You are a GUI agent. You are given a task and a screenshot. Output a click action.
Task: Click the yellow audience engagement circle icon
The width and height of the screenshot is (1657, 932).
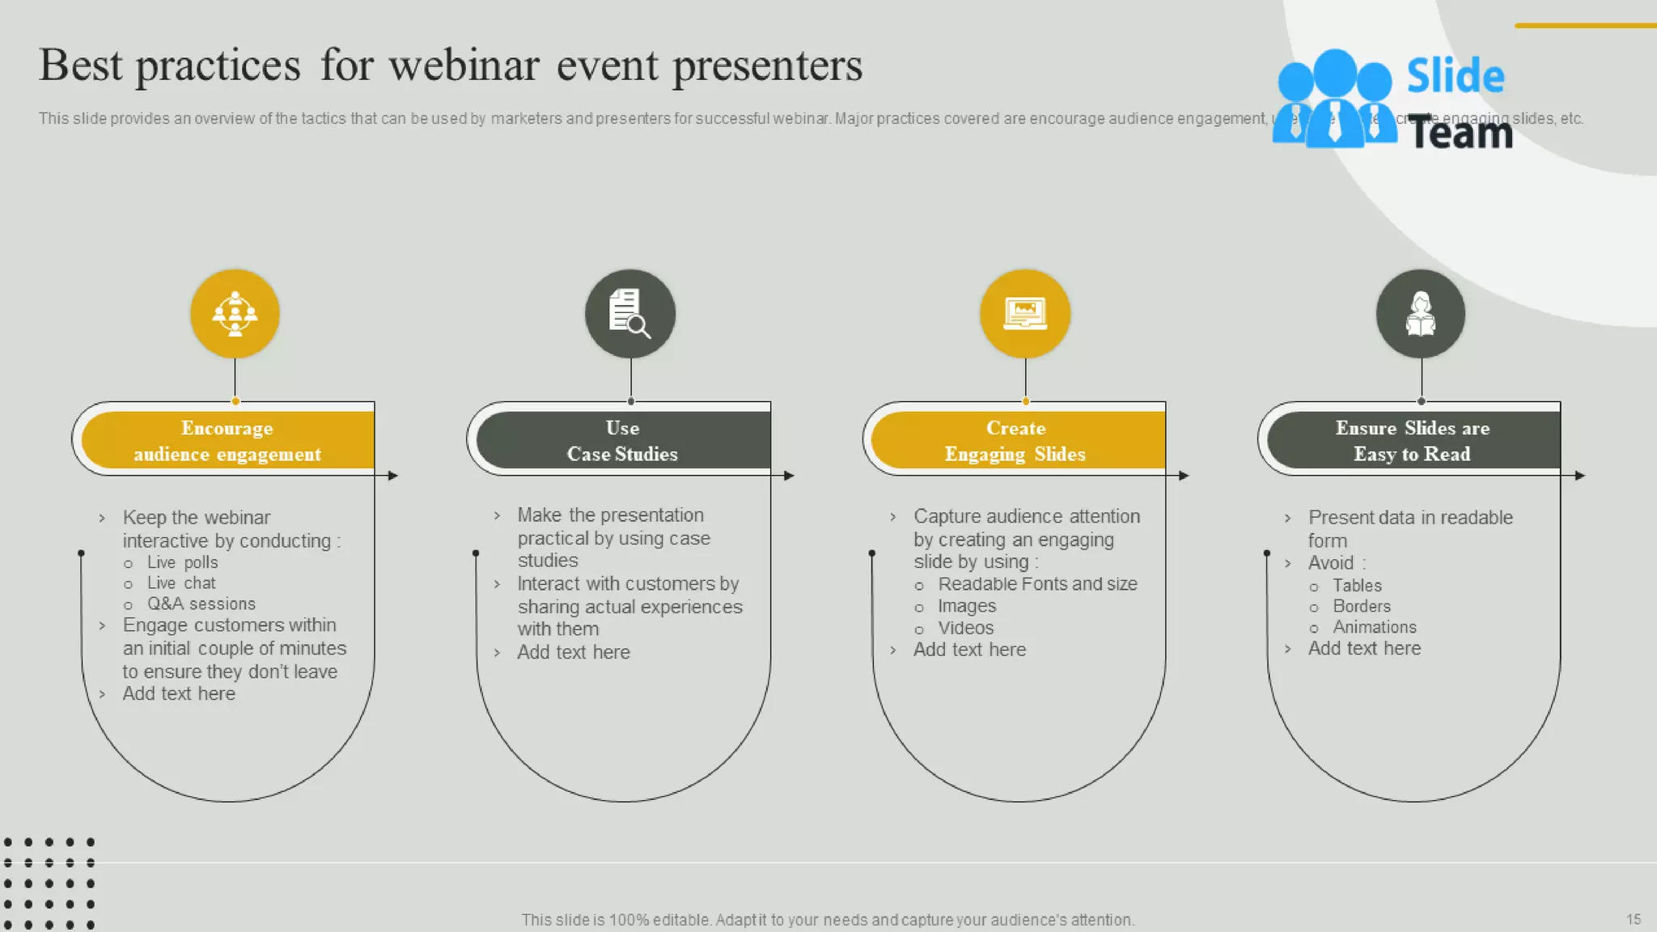point(235,314)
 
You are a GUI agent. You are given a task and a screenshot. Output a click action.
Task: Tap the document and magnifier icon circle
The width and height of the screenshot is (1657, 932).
point(630,314)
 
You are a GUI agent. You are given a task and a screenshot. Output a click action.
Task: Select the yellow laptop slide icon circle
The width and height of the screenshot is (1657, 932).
point(1025,314)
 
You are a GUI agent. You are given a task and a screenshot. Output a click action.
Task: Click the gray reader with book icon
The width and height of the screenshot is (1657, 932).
point(1421,314)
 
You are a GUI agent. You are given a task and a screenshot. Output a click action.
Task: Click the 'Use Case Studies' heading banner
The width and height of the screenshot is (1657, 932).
point(622,441)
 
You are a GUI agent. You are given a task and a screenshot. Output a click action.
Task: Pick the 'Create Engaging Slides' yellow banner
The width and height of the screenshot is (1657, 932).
point(1016,441)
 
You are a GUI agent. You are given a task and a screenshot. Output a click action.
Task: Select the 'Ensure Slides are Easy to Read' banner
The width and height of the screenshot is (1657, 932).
point(1412,441)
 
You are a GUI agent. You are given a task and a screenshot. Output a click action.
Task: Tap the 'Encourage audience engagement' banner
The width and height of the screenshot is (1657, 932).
point(227,441)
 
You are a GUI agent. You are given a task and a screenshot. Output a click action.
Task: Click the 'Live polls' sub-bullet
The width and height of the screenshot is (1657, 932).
point(182,562)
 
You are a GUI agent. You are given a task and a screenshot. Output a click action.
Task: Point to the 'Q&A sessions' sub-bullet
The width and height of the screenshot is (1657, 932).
point(201,604)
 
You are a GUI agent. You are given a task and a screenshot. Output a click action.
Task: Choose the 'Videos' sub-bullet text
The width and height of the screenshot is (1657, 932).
point(965,628)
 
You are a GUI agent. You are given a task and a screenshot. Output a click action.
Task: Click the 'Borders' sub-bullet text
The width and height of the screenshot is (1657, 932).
point(1362,606)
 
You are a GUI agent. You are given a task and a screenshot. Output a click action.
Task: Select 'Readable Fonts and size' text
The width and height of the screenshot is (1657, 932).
point(1037,584)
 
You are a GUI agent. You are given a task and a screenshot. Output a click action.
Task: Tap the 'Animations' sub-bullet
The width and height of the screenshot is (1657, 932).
point(1375,627)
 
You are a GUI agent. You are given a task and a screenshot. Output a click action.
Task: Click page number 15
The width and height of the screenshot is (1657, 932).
point(1633,919)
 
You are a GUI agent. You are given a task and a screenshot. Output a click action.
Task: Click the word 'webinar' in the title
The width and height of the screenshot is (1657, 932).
point(464,65)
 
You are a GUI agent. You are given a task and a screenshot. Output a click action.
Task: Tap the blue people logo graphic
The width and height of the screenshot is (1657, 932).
point(1334,99)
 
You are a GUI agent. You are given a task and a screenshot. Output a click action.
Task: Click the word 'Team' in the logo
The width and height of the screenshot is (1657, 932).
point(1461,132)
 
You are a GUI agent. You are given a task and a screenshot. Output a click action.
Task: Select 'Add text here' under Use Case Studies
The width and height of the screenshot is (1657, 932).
point(573,652)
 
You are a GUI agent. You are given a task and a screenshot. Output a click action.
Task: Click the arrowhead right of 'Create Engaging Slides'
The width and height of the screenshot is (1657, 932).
point(1184,476)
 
